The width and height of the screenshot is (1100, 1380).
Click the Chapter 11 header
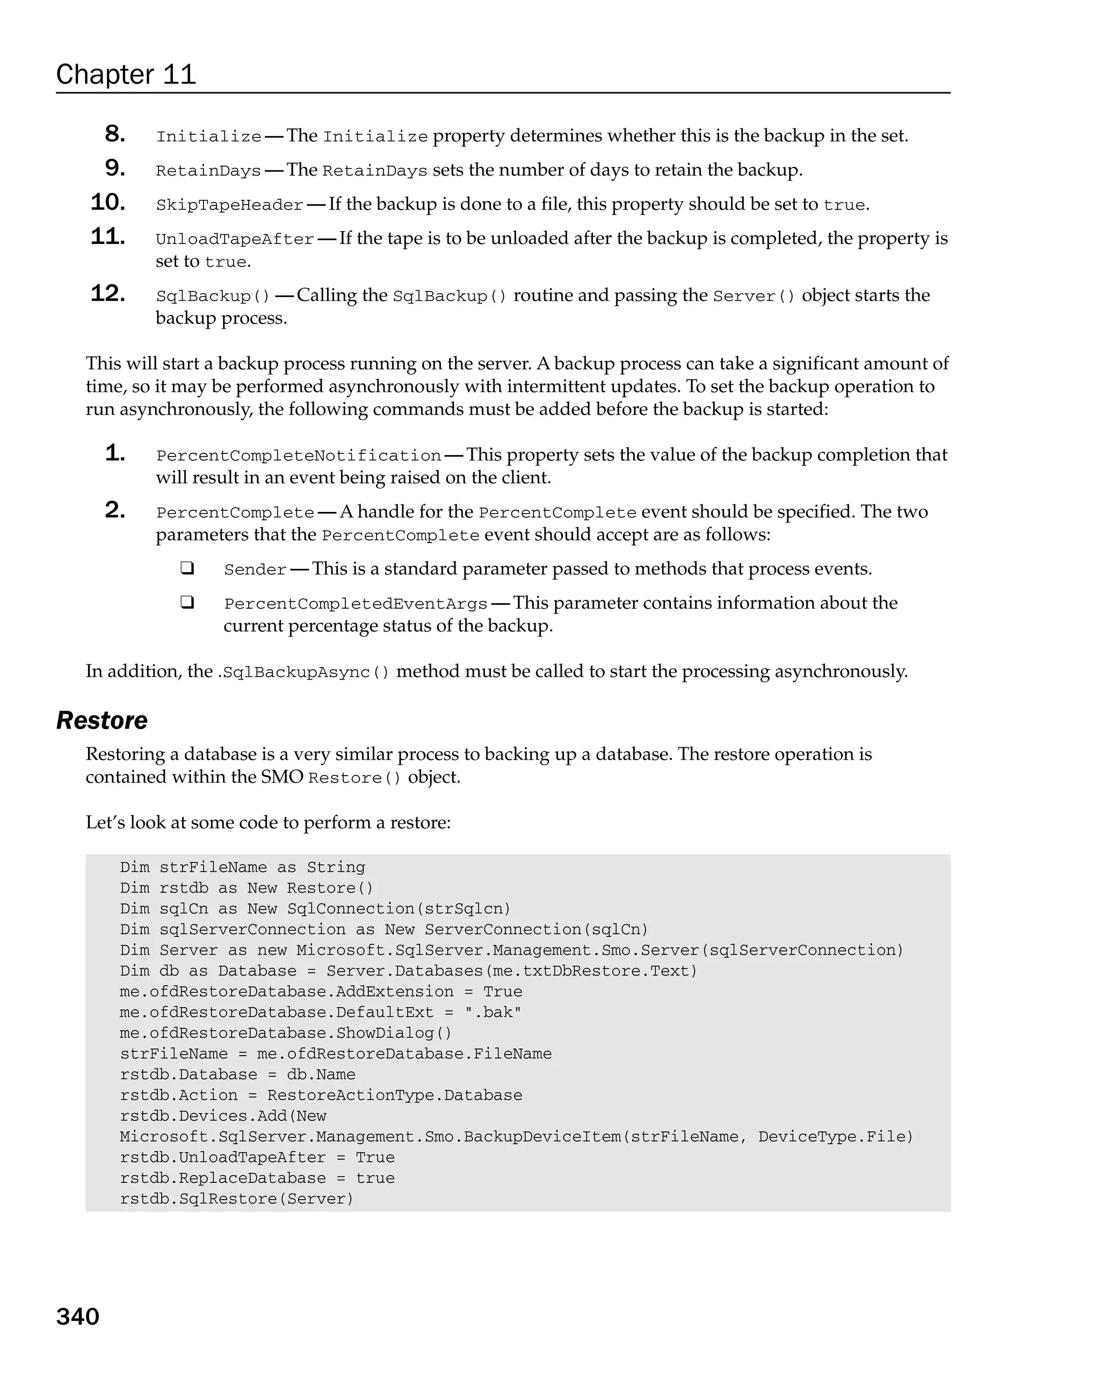point(126,74)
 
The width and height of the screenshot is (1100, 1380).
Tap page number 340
point(77,1317)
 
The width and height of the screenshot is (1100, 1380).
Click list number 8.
point(114,134)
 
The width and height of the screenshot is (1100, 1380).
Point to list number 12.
point(107,293)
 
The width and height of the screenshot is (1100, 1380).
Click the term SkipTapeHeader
point(229,205)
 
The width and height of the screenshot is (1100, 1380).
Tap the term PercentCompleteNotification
point(298,456)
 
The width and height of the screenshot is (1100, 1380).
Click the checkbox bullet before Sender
point(187,568)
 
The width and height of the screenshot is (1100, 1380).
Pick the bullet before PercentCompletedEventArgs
point(187,602)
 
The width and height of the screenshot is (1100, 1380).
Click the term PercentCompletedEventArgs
point(355,604)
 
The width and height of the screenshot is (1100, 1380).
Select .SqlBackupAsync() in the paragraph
point(303,673)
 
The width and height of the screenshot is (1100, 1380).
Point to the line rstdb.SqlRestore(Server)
point(236,1199)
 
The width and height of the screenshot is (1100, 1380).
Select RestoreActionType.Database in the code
point(394,1095)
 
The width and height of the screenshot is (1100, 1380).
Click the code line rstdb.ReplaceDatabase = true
point(257,1179)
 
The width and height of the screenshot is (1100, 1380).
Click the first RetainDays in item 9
point(208,171)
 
